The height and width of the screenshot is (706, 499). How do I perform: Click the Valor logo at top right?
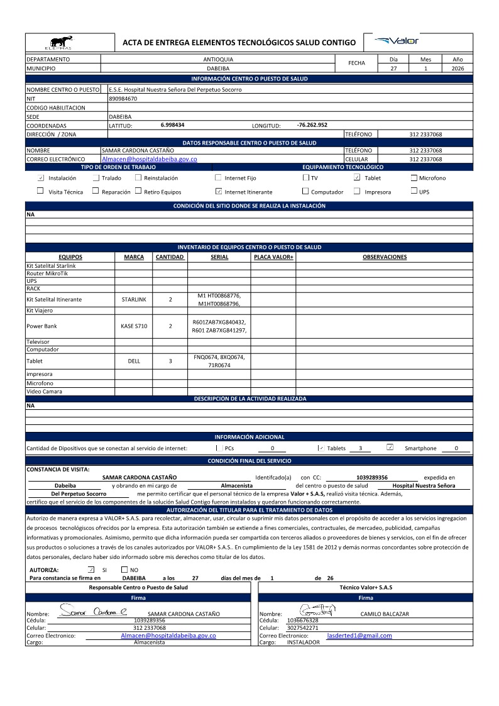point(397,41)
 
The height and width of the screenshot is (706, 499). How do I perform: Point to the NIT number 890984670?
point(123,99)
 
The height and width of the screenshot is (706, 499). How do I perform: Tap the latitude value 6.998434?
point(172,125)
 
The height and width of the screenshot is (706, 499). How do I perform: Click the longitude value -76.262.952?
point(312,125)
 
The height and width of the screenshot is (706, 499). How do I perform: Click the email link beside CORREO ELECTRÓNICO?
point(150,160)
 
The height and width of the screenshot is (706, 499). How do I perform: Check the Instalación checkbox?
point(41,178)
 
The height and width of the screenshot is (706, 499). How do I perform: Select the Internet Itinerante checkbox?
point(218,191)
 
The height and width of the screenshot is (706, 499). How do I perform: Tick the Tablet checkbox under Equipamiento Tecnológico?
point(357,178)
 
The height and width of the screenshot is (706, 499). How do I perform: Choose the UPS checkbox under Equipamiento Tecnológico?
point(414,191)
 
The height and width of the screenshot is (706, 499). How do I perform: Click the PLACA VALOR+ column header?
point(273,257)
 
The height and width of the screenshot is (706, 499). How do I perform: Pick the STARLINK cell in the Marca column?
point(134,300)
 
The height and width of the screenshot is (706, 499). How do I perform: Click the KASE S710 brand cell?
point(134,326)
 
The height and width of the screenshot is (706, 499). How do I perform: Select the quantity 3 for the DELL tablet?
point(170,361)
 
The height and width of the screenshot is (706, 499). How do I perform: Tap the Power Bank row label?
point(41,326)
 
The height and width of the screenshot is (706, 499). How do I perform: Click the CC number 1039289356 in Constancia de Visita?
point(372,478)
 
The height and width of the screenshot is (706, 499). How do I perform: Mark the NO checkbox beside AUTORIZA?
point(124,570)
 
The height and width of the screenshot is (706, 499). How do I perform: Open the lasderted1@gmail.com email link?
point(359,636)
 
